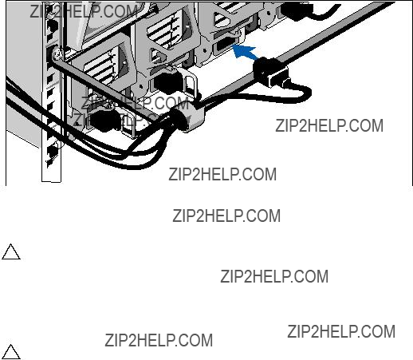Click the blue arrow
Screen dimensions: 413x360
point(245,52)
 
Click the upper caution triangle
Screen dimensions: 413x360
point(11,252)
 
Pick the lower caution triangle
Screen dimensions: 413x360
point(11,352)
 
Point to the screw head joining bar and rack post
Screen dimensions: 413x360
point(57,55)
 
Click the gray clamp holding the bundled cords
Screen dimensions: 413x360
point(187,117)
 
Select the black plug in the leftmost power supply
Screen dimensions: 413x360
point(104,121)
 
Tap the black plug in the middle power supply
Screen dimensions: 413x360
point(168,81)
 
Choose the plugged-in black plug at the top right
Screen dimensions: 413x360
point(297,10)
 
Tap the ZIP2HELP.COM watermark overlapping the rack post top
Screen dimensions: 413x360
point(84,11)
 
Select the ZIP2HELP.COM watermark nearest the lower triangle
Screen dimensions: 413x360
point(159,340)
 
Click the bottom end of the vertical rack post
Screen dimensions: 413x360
point(51,180)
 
